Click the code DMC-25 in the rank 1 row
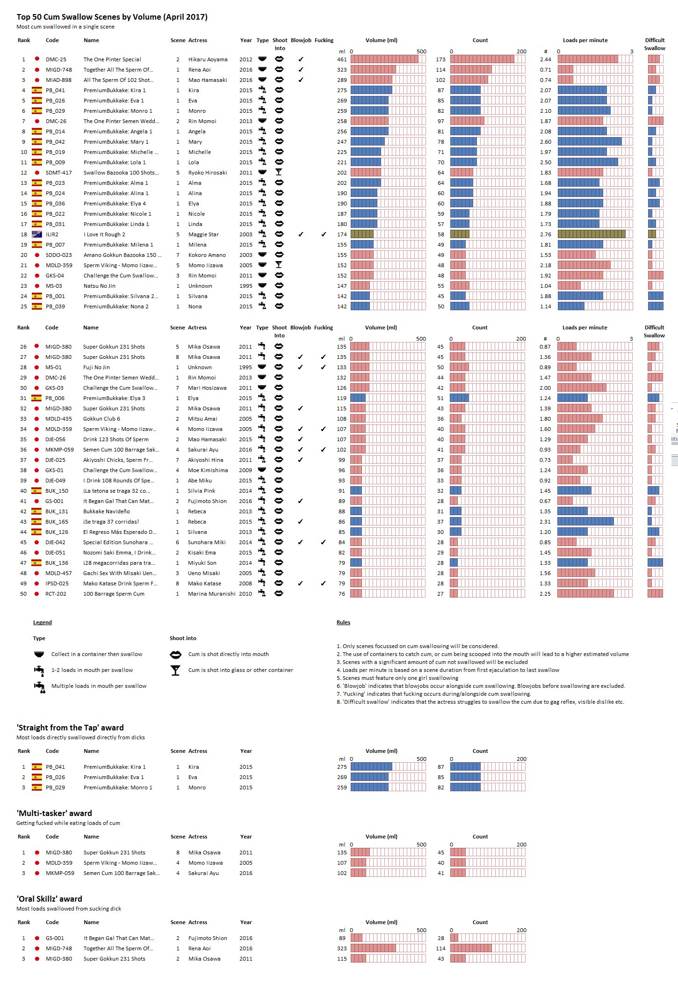56,59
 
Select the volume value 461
342,59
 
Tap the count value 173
440,59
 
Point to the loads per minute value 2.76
545,234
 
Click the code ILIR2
52,234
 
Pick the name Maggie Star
203,234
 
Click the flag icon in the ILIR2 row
36,234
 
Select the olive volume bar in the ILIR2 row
362,234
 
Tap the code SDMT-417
58,173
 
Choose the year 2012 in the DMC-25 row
245,59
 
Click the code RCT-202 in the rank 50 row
56,594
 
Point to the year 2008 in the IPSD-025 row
245,583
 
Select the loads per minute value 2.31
545,522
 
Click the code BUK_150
57,491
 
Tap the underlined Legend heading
42,622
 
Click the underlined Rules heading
343,622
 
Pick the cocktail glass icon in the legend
175,671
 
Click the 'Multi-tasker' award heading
54,813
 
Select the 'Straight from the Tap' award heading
70,728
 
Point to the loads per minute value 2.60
545,142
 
